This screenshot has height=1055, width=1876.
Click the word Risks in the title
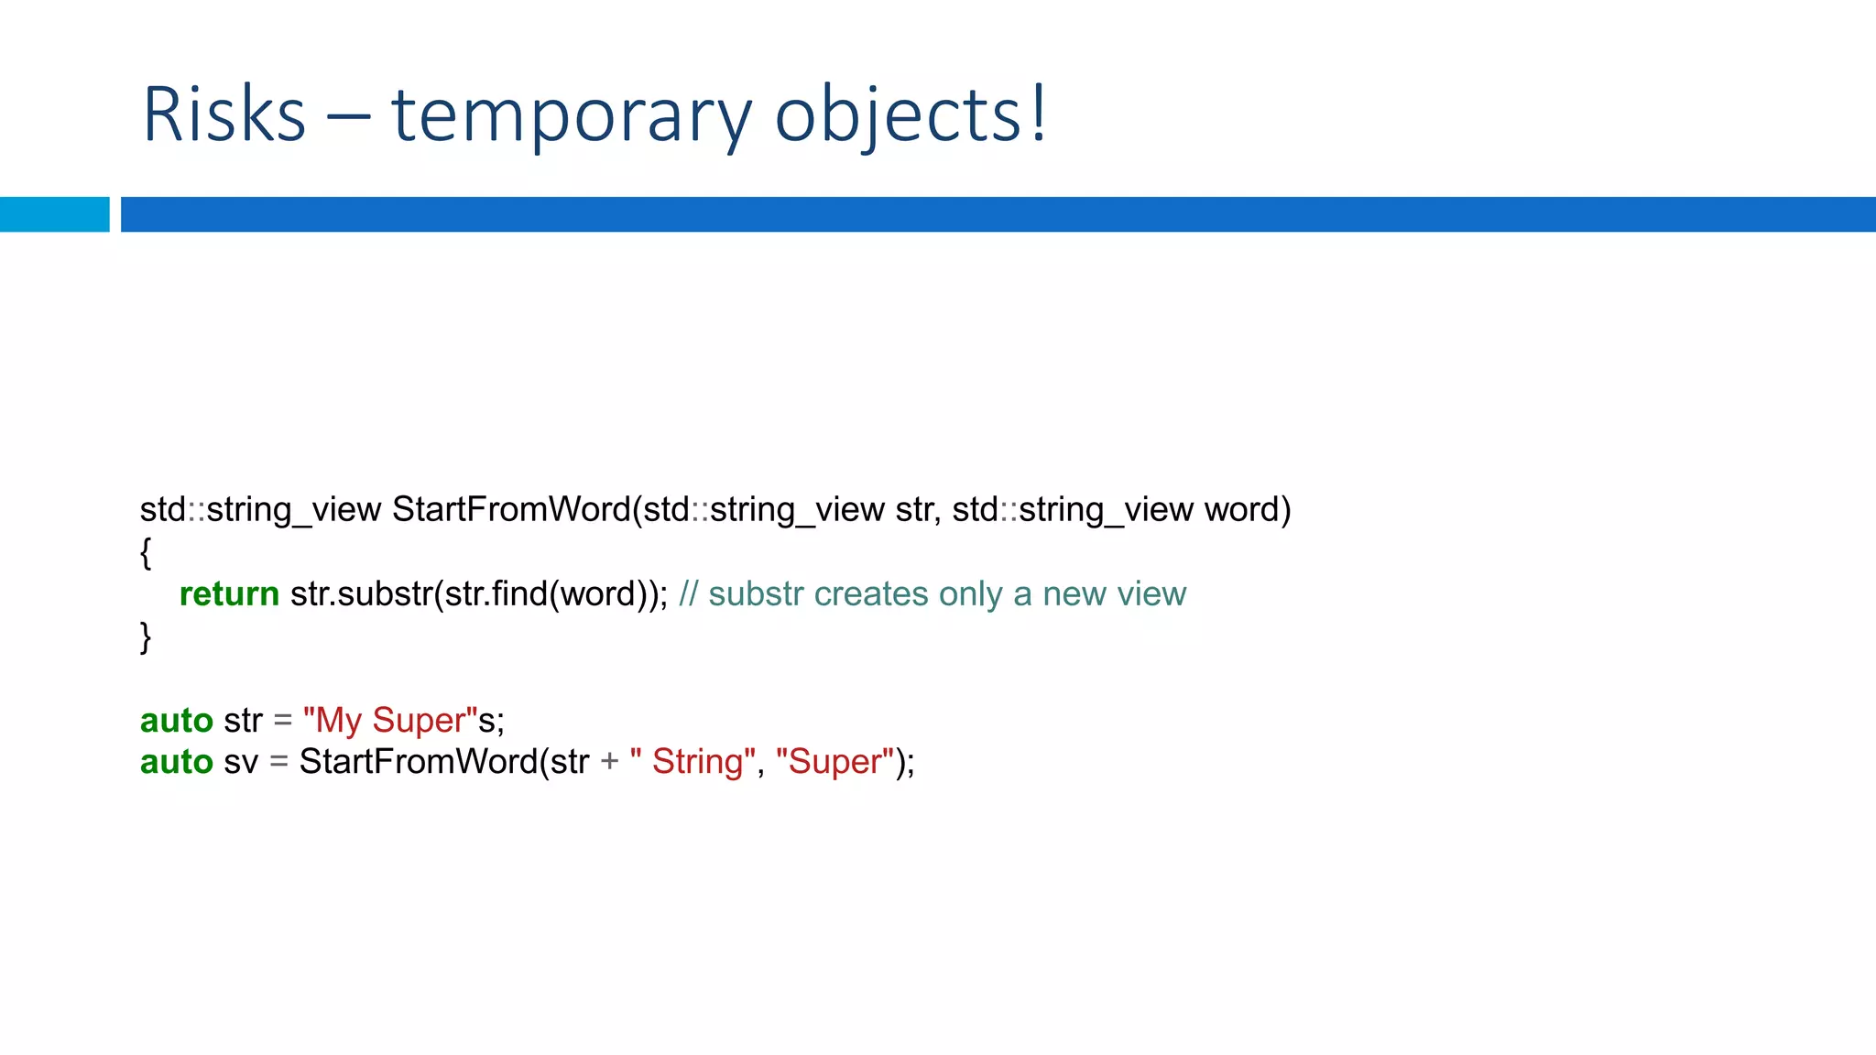(x=224, y=114)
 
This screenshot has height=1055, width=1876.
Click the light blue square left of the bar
(x=54, y=214)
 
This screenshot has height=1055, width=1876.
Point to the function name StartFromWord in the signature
(x=511, y=509)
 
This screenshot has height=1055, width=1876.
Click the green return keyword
(x=229, y=593)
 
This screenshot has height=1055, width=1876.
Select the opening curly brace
(x=146, y=552)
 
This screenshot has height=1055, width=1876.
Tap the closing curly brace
(x=146, y=636)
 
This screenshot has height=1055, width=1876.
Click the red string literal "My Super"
(x=390, y=720)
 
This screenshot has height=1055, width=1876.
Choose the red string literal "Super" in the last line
(x=834, y=762)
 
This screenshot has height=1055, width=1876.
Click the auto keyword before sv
(x=176, y=762)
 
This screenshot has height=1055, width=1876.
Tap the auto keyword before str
(x=176, y=720)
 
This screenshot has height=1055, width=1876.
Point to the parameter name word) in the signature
(x=1247, y=509)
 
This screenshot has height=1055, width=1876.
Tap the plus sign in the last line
(x=609, y=762)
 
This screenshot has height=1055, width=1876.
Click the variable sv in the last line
(x=241, y=762)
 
